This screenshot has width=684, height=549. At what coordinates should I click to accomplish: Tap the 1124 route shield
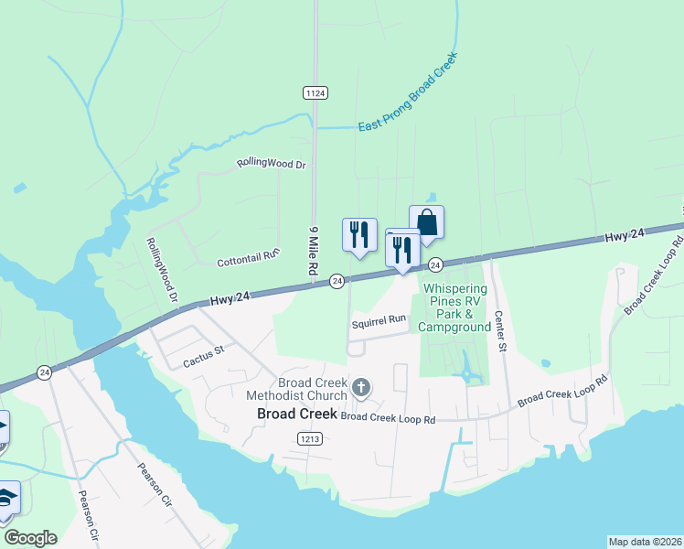click(315, 92)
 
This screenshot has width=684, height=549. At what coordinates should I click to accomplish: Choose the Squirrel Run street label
click(379, 320)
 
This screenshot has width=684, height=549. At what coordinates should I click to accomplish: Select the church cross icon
click(361, 389)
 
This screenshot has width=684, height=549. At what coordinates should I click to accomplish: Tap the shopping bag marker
click(426, 223)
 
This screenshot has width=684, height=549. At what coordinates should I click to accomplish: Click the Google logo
click(30, 538)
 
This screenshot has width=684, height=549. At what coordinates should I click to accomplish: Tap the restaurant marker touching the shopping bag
click(401, 249)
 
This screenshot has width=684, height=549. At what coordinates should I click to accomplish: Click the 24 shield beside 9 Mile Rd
click(337, 280)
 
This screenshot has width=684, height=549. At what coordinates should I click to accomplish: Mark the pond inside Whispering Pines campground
click(473, 370)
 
